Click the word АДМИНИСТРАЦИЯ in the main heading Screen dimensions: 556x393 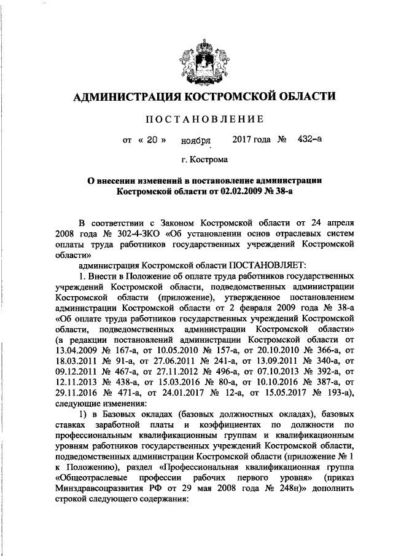(125, 96)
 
